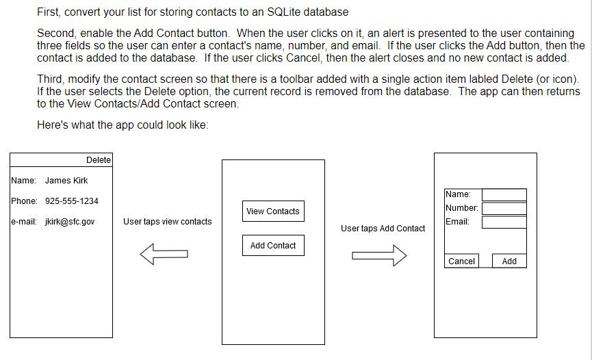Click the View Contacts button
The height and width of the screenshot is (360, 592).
tap(273, 211)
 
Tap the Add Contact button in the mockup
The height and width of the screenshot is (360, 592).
tap(273, 246)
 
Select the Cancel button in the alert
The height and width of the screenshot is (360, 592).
tap(461, 261)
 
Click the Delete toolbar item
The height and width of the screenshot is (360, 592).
tap(99, 160)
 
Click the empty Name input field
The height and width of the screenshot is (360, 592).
tap(504, 195)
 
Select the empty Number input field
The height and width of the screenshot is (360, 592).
tap(504, 208)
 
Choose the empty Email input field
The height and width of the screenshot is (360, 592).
tap(504, 222)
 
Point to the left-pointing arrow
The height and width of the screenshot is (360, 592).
tap(164, 255)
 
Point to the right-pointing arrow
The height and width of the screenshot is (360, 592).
tap(379, 255)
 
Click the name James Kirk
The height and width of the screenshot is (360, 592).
tap(66, 181)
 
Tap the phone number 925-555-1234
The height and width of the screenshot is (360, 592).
tap(71, 201)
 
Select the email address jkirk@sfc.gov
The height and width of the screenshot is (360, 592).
tap(70, 222)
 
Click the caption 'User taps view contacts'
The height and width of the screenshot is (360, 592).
tap(168, 222)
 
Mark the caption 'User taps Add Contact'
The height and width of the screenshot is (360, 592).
tap(383, 229)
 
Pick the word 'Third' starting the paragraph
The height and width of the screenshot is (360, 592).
tap(49, 79)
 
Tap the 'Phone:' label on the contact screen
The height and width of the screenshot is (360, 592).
tap(24, 201)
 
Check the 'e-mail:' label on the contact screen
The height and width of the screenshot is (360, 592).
tap(24, 222)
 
